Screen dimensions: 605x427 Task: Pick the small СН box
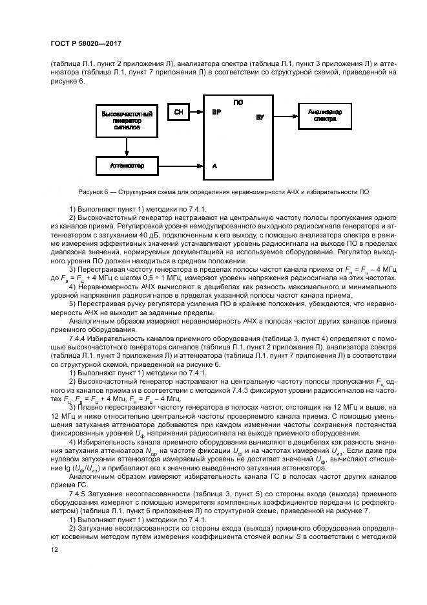178,111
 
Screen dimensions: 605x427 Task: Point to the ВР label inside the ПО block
216,112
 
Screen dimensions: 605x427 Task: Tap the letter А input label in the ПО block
214,166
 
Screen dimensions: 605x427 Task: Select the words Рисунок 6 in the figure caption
94,192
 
